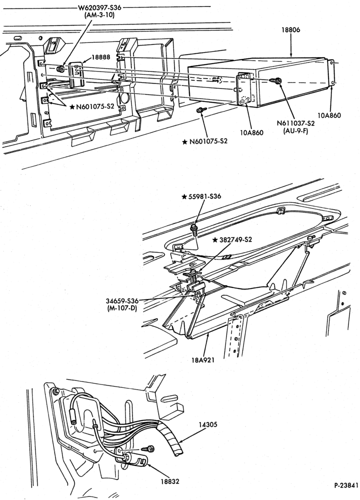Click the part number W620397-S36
pos(100,7)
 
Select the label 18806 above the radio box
pos(291,30)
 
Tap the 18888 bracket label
pos(101,57)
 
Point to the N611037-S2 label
pos(295,123)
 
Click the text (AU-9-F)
pos(295,130)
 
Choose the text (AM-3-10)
pos(99,15)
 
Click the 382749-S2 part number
pos(235,239)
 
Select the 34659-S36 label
pos(122,301)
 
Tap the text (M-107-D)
pos(122,308)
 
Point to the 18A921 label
pos(203,360)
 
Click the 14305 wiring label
pos(208,424)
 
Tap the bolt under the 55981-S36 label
pos(193,229)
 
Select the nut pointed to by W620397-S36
pos(59,69)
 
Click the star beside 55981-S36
pos(184,196)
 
